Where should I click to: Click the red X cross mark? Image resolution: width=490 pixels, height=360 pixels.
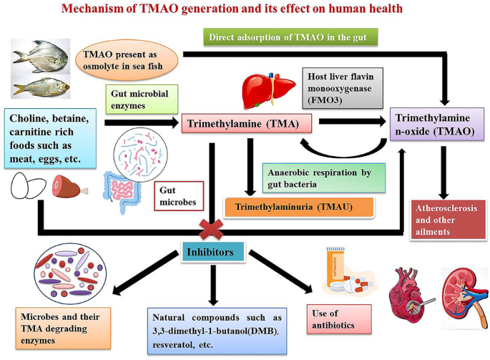coord(211,229)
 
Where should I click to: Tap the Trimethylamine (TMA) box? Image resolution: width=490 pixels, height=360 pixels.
coord(247,124)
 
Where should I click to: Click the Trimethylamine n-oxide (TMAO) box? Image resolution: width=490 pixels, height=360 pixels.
coord(437,124)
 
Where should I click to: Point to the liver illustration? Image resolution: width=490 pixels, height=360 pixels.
coord(269,90)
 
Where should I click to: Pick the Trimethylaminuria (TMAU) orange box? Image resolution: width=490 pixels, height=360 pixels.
coord(299,207)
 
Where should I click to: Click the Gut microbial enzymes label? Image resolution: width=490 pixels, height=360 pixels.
coord(142,99)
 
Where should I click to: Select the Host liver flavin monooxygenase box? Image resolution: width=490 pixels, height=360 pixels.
coord(343,88)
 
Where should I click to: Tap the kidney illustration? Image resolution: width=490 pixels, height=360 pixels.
coord(465,297)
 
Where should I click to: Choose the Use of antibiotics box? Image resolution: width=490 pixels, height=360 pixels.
coord(339,319)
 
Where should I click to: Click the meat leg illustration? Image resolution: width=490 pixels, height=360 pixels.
coord(69,186)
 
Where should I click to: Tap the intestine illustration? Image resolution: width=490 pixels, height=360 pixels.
coord(122,192)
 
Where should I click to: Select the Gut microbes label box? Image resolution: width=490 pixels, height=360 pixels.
coord(179,196)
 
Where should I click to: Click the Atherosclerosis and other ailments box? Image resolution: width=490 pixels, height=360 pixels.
coord(448,220)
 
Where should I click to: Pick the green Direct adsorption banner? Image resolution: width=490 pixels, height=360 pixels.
coord(290,37)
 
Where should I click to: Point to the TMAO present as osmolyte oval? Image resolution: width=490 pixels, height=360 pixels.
coord(127,60)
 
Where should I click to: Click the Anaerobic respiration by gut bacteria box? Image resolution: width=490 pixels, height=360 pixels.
coord(324,178)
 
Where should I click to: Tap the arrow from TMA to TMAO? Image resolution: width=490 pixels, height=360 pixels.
coord(353,122)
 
